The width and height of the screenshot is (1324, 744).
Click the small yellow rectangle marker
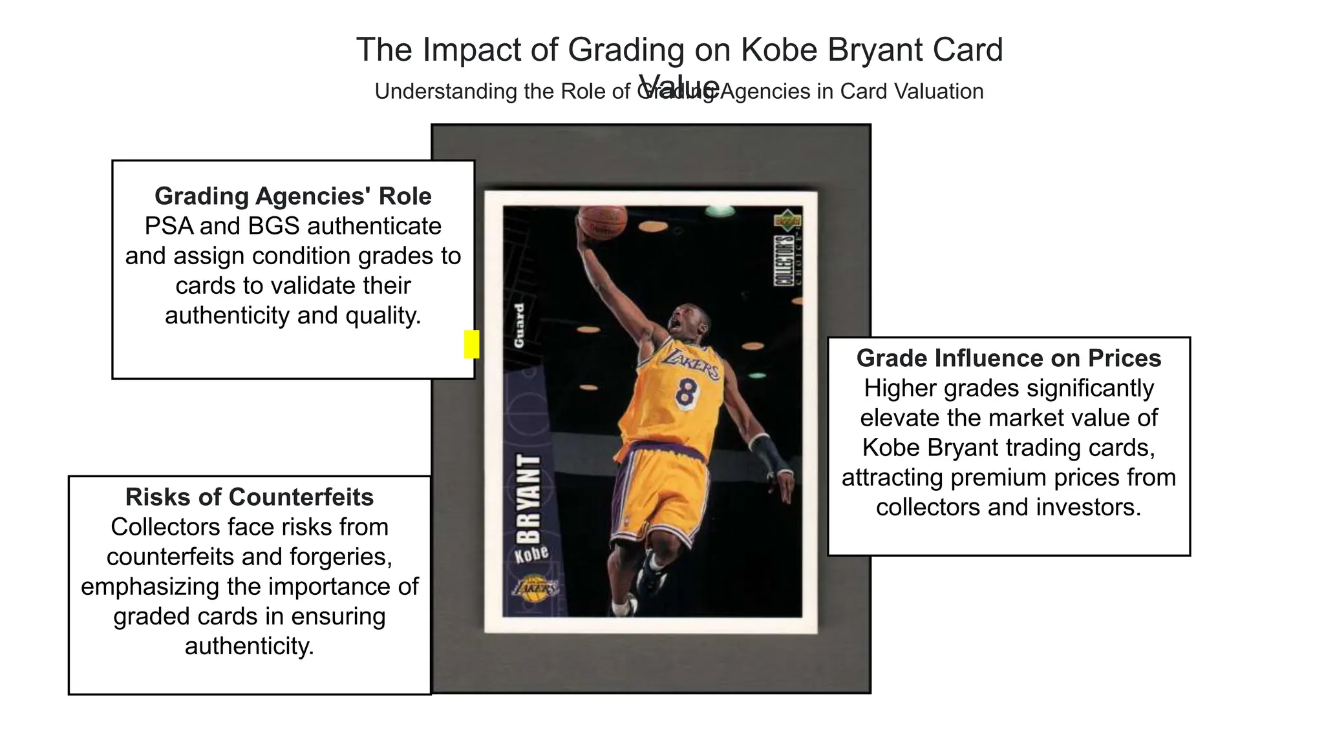472,344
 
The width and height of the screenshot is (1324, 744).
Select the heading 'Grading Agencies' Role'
293,196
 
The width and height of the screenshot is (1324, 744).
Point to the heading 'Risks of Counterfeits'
250,497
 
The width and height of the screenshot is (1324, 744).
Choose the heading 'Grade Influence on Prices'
1009,358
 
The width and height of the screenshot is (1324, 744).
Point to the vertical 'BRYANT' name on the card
529,499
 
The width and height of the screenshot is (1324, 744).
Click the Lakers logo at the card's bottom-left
533,588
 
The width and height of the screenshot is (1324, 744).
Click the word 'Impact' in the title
471,50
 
